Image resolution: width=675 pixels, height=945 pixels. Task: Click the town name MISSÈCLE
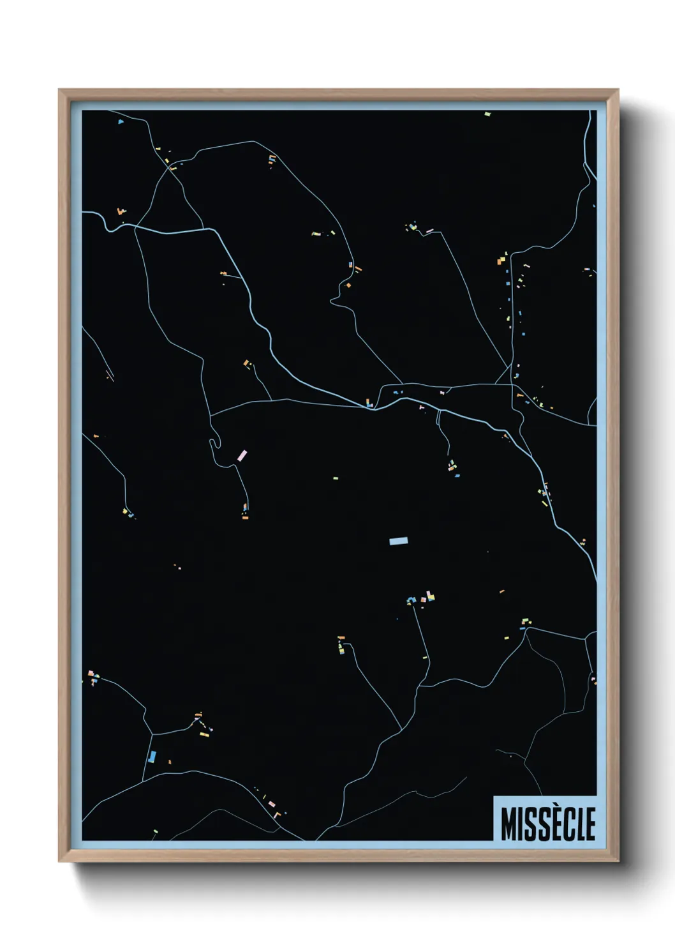coord(547,824)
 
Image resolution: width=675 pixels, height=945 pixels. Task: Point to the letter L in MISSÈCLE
coord(580,824)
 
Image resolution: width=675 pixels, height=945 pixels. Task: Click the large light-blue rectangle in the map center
coord(398,541)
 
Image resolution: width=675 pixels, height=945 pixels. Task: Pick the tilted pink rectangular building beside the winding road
coord(242,455)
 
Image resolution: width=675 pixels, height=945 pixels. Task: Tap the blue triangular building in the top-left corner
coord(120,121)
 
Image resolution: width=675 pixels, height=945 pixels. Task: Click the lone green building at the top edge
coord(487,114)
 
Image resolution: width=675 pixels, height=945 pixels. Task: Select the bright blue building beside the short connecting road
coord(152,757)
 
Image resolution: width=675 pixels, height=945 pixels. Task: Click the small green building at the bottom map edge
coord(154,831)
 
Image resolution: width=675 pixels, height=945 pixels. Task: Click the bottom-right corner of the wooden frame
coord(618,861)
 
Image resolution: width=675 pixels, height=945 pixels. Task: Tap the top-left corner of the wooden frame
coord(59,90)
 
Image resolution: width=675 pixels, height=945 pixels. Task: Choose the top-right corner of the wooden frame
coord(618,90)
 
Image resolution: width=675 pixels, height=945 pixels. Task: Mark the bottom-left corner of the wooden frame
coord(59,861)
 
